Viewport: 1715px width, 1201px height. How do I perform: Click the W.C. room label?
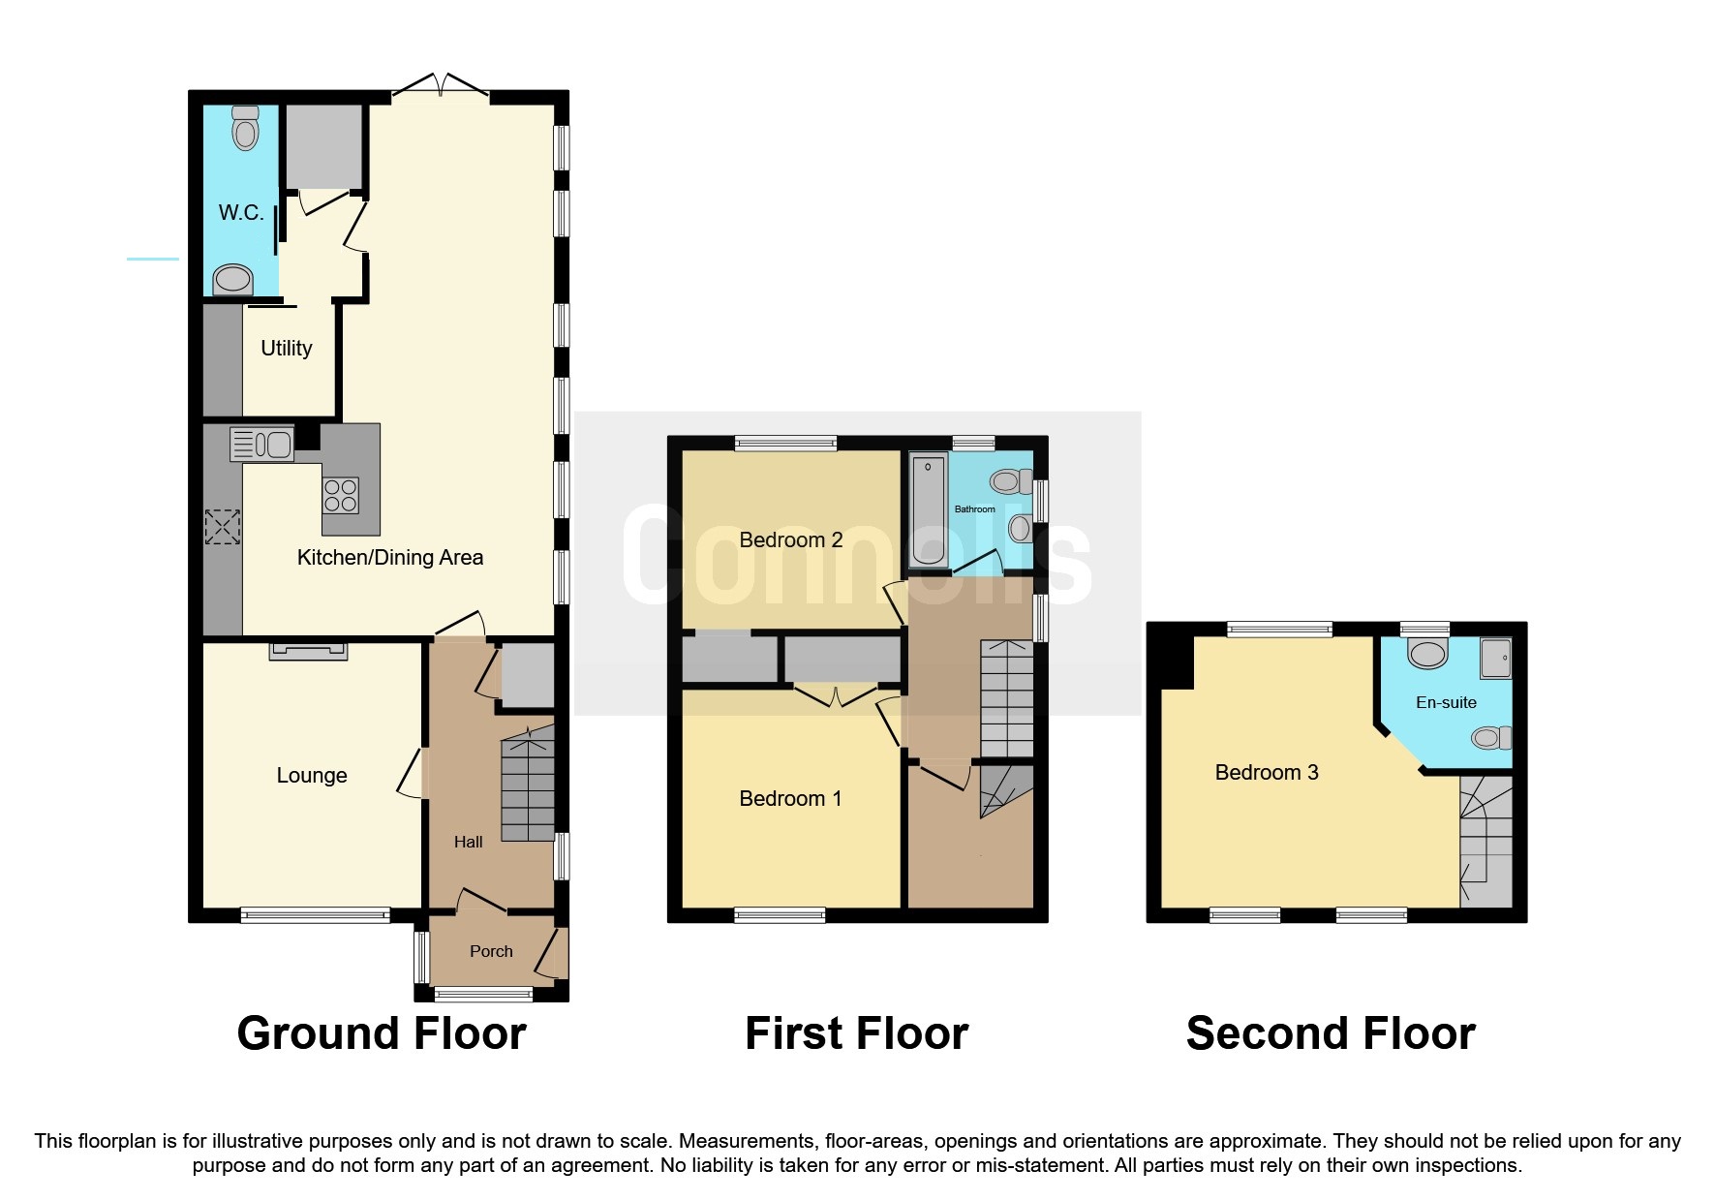coord(241,212)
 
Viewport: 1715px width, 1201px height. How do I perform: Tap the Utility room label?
coord(287,348)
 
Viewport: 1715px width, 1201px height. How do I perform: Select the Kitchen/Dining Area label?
coord(389,557)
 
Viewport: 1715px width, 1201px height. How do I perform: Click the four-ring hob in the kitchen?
coord(341,496)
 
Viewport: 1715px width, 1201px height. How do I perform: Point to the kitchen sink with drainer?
coord(261,444)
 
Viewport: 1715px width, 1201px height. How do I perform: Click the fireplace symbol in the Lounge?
coord(308,651)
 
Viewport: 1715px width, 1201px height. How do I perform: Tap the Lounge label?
coord(311,775)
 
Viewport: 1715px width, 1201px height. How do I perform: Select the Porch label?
coord(491,951)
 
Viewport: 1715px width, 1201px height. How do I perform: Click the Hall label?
coord(468,842)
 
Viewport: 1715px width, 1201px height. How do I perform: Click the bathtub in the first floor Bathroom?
coord(928,509)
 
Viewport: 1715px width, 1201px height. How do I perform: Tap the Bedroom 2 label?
coord(790,539)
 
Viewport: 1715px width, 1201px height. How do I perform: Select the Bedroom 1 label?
coord(790,798)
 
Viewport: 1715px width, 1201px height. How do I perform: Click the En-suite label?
coord(1446,702)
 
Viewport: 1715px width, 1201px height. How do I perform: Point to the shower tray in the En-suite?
coord(1495,658)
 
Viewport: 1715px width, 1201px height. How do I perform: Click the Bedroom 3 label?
coord(1266,772)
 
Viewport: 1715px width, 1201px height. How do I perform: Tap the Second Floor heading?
coord(1331,1033)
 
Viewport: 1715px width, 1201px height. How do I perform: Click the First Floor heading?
coord(856,1033)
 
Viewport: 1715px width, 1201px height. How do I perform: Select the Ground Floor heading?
coord(382,1033)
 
